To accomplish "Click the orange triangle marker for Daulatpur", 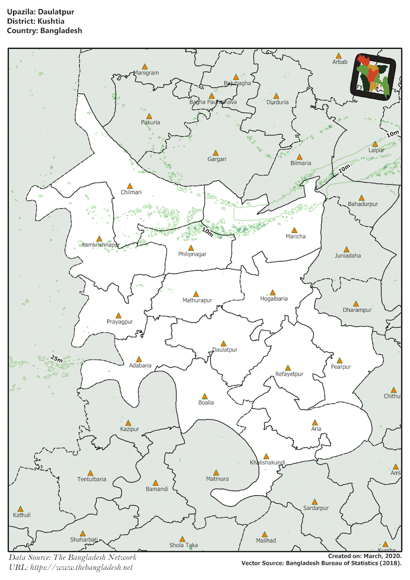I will [x=223, y=343].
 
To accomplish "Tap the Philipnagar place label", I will [x=192, y=254].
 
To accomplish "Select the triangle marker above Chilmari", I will [x=130, y=186].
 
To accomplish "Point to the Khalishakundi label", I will [x=267, y=463].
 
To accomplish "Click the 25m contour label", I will [x=57, y=359].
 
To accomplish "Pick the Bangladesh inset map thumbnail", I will [x=376, y=76].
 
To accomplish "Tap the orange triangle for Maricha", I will [x=294, y=230].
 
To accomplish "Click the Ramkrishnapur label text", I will [x=101, y=245].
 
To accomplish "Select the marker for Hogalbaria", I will [x=273, y=292].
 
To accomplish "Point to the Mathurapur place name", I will [x=197, y=301].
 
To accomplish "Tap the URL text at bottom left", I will [x=71, y=567].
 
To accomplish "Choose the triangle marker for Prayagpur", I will [x=118, y=315].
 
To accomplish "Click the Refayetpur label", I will [x=289, y=374].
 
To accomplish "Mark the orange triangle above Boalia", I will [x=205, y=396].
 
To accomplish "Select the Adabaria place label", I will [x=140, y=366].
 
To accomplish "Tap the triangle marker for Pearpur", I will [x=339, y=361].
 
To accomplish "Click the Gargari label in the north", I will [x=217, y=159].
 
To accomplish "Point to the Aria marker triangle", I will [x=315, y=422].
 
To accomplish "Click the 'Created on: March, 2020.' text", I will [x=365, y=556].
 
